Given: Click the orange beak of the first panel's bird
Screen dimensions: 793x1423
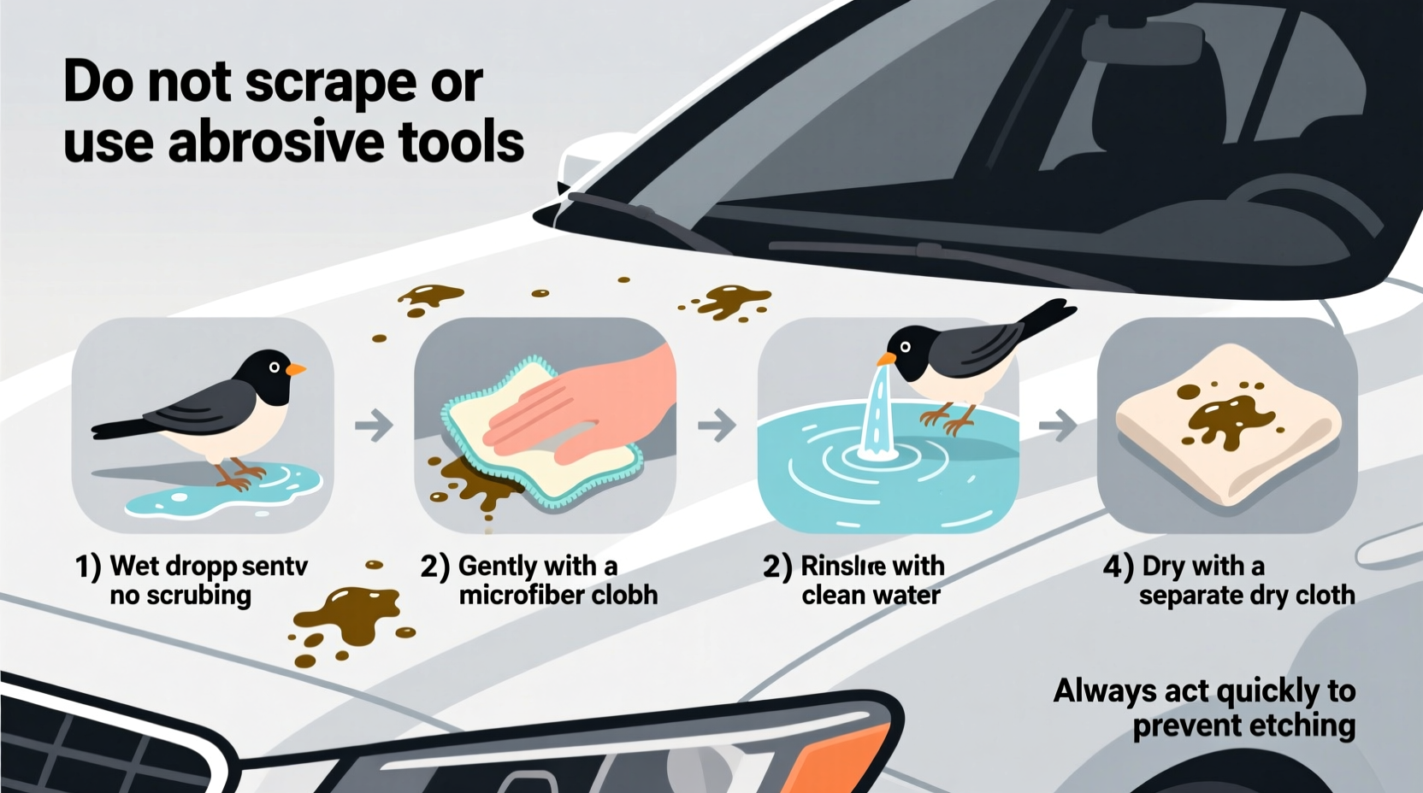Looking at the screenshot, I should (295, 370).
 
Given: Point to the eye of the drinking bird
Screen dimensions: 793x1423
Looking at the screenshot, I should (905, 347).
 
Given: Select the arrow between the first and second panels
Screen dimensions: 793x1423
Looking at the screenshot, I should (374, 425).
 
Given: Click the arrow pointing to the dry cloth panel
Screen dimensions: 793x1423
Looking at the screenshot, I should (1058, 425).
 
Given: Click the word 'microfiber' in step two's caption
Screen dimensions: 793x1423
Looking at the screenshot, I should (521, 595).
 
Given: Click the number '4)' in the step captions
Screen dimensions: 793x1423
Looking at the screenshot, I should (1118, 567).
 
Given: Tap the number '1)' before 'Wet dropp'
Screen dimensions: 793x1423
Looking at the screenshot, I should (88, 567).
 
